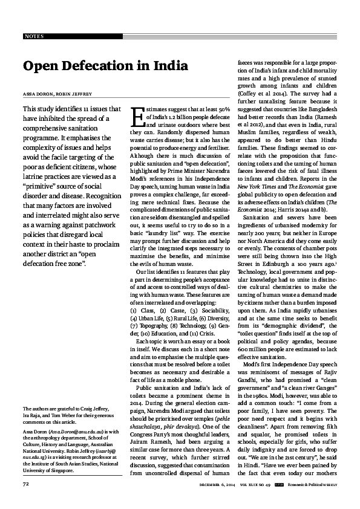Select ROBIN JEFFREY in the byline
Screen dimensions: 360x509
(x=76, y=94)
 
